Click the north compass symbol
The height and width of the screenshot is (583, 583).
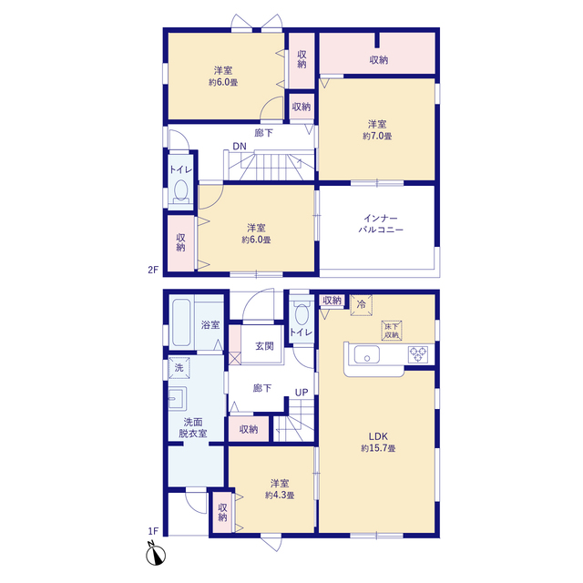tap(156, 554)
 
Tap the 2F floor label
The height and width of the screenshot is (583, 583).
tap(153, 270)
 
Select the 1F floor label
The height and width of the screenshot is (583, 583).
tap(153, 531)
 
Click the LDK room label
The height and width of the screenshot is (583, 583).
tap(378, 436)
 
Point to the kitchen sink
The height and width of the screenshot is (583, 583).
tap(367, 354)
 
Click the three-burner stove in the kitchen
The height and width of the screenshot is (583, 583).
tap(418, 354)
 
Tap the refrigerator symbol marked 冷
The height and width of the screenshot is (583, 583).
tap(361, 305)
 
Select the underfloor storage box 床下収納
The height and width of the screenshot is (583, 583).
tap(392, 331)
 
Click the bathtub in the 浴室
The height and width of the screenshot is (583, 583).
tap(181, 322)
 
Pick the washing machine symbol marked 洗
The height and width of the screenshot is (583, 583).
tap(179, 368)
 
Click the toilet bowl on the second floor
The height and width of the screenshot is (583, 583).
tap(180, 189)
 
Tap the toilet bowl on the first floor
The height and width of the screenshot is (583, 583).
tap(302, 314)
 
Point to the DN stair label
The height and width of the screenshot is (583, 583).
tap(240, 147)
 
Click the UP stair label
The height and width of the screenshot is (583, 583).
tap(302, 393)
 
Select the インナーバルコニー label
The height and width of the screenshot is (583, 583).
tap(381, 224)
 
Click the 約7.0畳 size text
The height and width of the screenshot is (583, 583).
tap(377, 136)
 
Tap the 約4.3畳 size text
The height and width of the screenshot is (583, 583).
tap(280, 496)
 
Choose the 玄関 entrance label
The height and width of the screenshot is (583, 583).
tap(264, 346)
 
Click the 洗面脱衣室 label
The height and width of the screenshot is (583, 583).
tap(193, 427)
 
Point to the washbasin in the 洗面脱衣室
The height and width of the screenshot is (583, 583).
tap(178, 399)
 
